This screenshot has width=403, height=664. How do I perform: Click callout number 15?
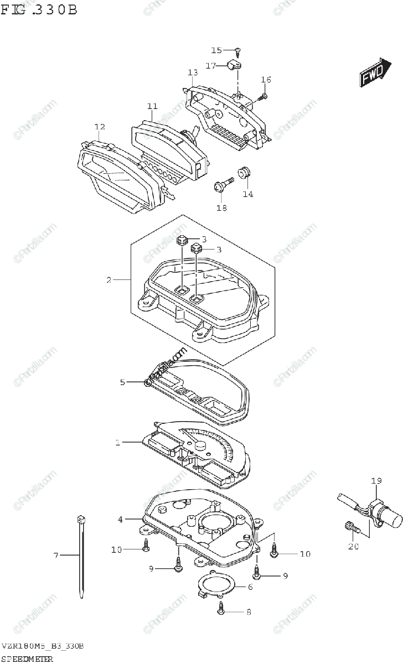[x=216, y=50]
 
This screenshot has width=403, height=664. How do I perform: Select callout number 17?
[x=211, y=66]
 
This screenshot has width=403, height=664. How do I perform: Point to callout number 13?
[x=192, y=72]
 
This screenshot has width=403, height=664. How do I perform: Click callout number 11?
[x=152, y=106]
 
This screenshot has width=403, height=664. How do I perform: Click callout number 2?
[x=109, y=280]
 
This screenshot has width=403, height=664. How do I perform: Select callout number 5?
[x=123, y=382]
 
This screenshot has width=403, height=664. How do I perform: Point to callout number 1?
[x=117, y=442]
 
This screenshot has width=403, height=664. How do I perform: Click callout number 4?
[x=120, y=519]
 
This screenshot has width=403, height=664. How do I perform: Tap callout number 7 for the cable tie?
[x=55, y=555]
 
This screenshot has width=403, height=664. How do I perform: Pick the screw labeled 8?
[x=221, y=610]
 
